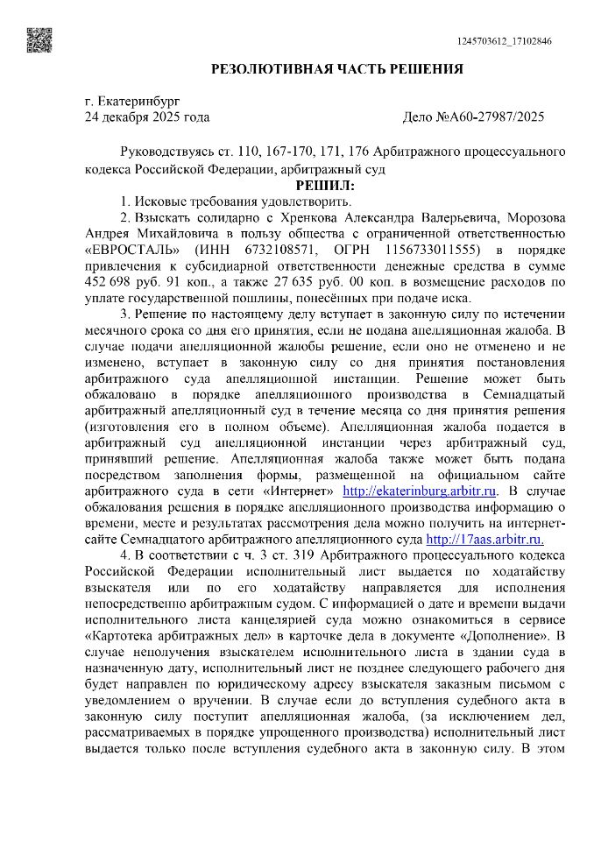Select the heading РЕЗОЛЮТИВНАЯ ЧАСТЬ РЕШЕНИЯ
[x=337, y=69]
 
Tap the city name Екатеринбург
[x=131, y=102]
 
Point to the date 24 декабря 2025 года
[x=147, y=117]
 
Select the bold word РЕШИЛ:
[x=325, y=186]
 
